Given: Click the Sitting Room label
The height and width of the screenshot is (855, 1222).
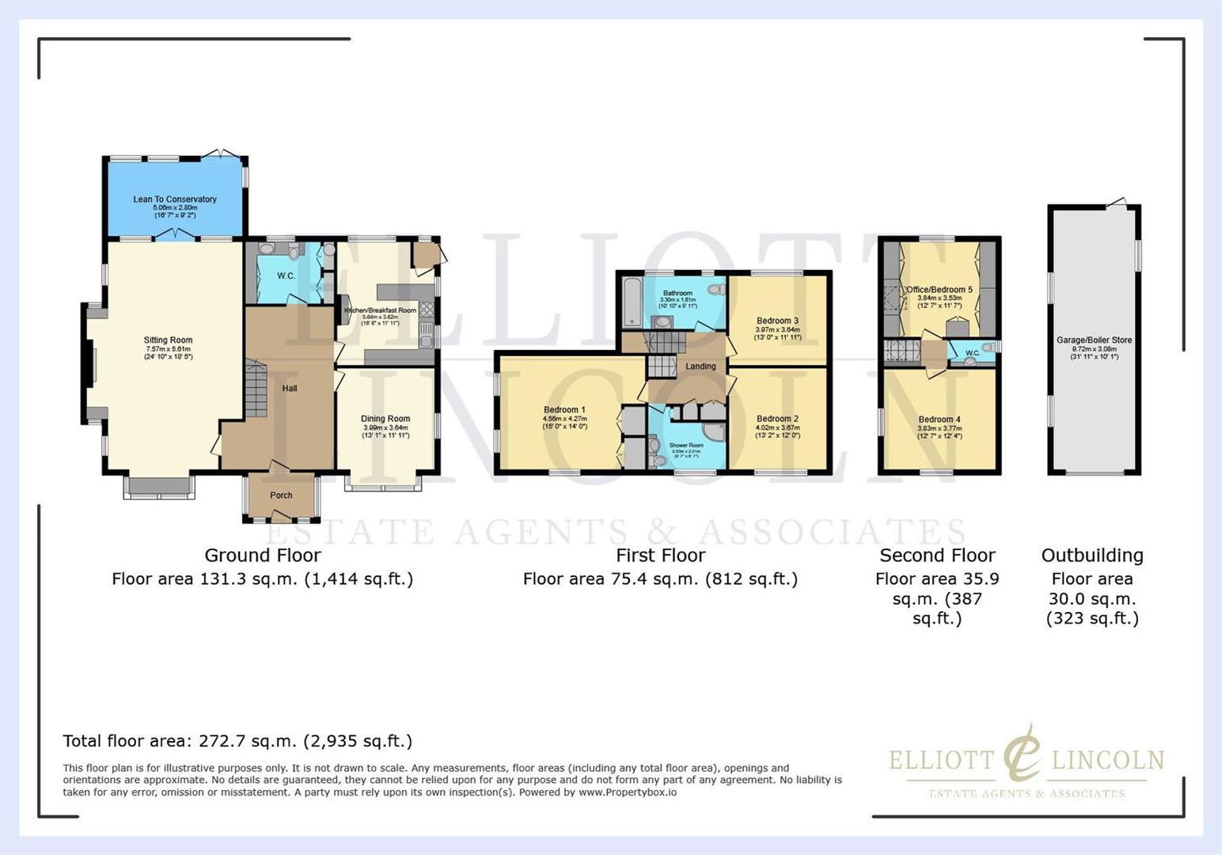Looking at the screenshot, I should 168,340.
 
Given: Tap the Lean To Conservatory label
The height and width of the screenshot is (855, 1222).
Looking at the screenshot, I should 175,199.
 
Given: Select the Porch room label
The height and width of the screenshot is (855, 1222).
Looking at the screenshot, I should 281,496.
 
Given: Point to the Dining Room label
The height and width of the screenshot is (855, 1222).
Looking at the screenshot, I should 385,419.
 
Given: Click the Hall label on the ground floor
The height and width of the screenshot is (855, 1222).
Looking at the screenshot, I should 290,389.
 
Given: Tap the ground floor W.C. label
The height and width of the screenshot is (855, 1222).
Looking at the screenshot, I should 286,276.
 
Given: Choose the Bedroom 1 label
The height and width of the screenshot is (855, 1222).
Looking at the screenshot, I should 564,410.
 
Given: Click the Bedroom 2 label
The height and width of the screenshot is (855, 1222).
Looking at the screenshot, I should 777,419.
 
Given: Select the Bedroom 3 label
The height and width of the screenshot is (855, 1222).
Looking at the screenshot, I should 777,321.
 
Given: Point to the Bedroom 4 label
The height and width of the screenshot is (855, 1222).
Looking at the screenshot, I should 939,420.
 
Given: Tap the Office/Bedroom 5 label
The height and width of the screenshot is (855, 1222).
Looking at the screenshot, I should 939,290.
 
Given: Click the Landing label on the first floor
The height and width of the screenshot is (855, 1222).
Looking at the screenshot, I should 700,367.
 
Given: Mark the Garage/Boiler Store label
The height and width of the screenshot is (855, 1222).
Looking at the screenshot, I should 1094,340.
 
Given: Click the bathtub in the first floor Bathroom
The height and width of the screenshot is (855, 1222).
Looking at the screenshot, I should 632,302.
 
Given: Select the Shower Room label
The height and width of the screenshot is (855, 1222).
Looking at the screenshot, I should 685,446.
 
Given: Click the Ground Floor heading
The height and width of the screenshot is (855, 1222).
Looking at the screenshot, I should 263,556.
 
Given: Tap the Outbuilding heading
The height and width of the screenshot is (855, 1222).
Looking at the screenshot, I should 1092,556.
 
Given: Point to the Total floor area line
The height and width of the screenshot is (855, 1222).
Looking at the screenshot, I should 237,742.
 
